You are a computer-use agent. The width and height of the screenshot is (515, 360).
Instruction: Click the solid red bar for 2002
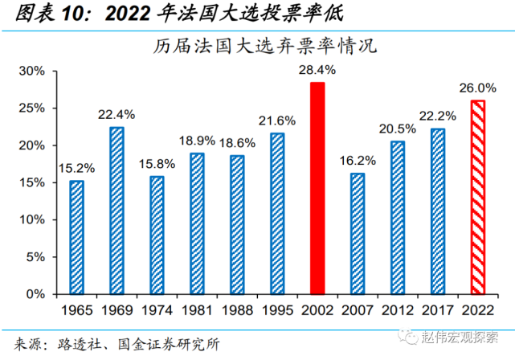(x=317, y=189)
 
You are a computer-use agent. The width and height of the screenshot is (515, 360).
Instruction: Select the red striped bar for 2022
(x=478, y=198)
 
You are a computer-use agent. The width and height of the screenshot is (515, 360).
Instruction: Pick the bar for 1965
(x=76, y=238)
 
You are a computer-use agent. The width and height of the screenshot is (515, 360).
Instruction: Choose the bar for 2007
(x=358, y=234)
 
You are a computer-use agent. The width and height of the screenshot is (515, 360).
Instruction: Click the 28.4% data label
(x=317, y=70)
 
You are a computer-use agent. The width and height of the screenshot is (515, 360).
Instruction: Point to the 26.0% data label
(x=477, y=88)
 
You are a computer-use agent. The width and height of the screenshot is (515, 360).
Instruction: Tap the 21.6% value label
(x=277, y=121)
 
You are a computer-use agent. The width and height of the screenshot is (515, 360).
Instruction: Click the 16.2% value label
(x=357, y=161)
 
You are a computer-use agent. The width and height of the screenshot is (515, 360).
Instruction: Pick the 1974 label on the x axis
(x=157, y=310)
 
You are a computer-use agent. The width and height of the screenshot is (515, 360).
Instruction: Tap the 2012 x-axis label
(x=398, y=310)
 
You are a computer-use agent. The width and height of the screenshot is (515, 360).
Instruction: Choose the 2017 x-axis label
(x=438, y=310)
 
